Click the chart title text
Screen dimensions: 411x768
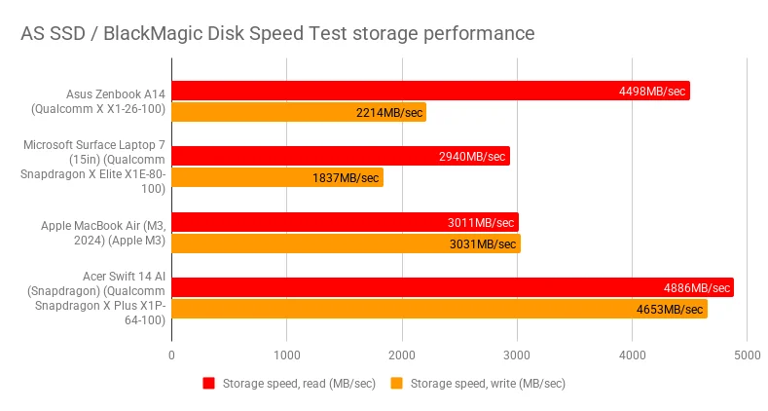tap(277, 33)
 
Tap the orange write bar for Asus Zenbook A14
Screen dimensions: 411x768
tap(299, 113)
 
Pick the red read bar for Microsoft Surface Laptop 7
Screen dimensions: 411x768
tap(341, 156)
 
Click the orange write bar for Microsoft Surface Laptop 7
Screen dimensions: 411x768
tap(277, 177)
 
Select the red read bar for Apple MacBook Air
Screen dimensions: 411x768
tap(345, 222)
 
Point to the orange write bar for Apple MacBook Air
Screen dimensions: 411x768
tap(346, 243)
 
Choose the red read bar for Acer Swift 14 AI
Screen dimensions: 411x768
tap(453, 288)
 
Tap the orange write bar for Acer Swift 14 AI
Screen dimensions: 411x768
tap(439, 310)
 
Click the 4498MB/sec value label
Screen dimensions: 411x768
tap(652, 92)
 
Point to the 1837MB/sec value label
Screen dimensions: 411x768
tap(346, 177)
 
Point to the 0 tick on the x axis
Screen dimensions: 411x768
tap(172, 355)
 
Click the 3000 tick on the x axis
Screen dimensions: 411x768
tap(517, 355)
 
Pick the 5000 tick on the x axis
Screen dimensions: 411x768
tap(747, 355)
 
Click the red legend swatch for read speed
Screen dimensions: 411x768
tap(208, 383)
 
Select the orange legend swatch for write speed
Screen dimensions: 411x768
tap(396, 383)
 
